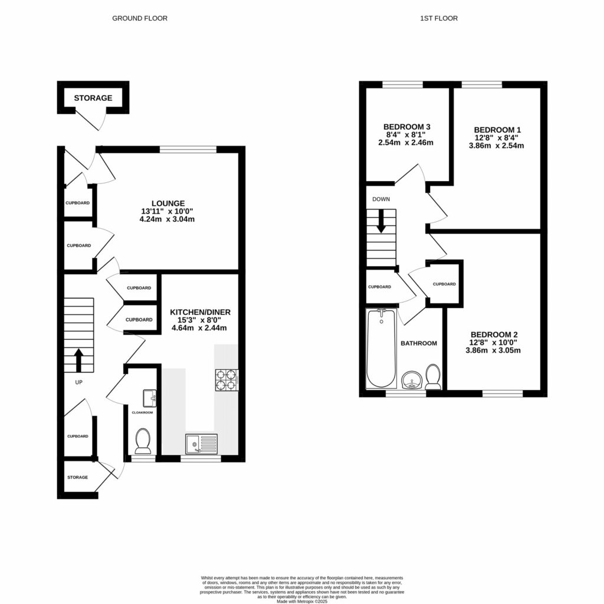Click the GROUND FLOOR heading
click(x=140, y=18)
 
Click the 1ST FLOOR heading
click(x=438, y=18)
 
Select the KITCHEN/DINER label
click(x=200, y=311)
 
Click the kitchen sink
click(x=201, y=444)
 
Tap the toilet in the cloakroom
click(x=143, y=439)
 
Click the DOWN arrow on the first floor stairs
click(x=381, y=221)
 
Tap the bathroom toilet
click(x=433, y=377)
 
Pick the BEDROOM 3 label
click(x=406, y=127)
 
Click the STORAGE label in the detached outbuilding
click(x=93, y=98)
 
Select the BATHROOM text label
click(x=419, y=343)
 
